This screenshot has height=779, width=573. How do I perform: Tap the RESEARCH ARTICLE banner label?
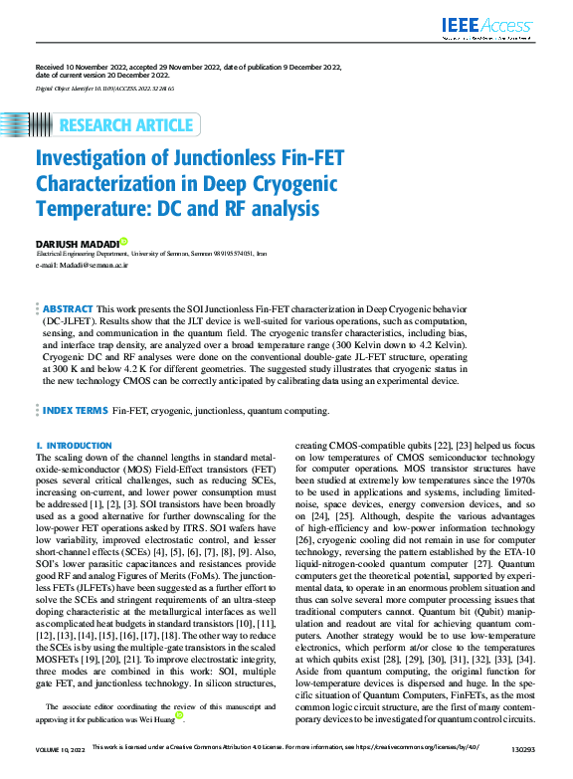point(126,125)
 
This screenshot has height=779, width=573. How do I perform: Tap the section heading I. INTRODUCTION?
point(74,446)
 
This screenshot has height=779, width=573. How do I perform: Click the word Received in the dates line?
point(52,67)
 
